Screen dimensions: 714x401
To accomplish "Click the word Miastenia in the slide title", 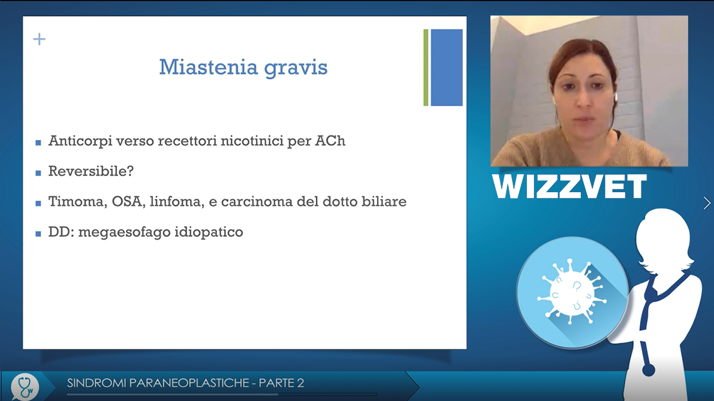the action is [x=208, y=67].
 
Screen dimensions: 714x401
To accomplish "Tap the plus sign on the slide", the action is [x=40, y=39].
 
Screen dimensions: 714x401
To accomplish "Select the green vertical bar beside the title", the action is [x=426, y=67].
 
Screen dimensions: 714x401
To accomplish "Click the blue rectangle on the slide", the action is [x=446, y=67].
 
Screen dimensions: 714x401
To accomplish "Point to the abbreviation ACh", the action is [x=330, y=141].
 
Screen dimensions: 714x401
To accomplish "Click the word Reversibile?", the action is [x=91, y=171].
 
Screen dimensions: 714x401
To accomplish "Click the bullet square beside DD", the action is [x=38, y=234].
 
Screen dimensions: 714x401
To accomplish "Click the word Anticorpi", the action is [x=80, y=141].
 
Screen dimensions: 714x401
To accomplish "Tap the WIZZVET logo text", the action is [x=569, y=186].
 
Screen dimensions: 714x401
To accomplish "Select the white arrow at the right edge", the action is [x=707, y=203].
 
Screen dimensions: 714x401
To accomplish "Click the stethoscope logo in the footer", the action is [x=24, y=387].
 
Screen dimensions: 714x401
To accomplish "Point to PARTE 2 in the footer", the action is [x=281, y=383].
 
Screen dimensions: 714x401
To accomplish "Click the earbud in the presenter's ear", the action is [x=616, y=97].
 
